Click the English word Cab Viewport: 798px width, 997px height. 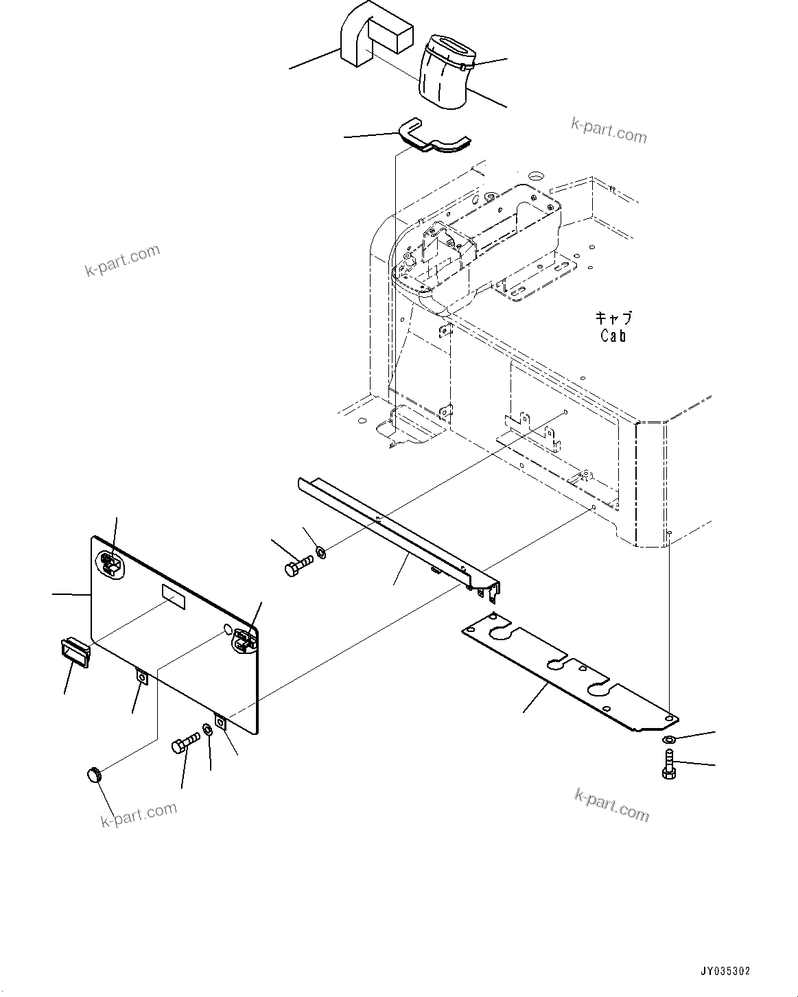coord(613,336)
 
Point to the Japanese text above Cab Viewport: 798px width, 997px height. coord(613,318)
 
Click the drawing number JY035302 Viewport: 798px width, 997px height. coord(725,971)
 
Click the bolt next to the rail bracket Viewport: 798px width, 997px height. coord(297,565)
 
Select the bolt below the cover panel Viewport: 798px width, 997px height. coord(185,743)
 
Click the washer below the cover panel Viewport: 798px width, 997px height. coord(207,729)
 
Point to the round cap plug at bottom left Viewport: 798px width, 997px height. coord(94,775)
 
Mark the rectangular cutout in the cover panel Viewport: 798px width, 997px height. coord(173,596)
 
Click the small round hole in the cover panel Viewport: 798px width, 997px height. coord(227,629)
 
